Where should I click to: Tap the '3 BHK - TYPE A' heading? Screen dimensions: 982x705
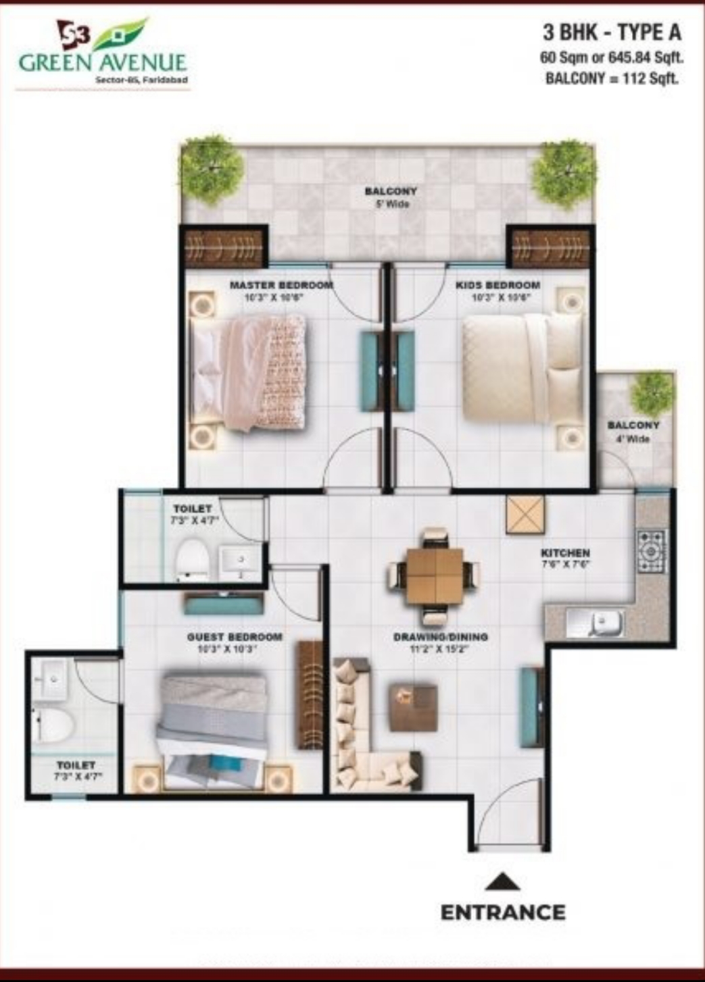tap(612, 32)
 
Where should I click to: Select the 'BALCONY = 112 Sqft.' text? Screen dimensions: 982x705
tap(612, 79)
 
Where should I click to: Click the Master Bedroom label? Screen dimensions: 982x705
tap(281, 286)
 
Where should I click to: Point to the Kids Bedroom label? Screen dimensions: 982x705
tap(497, 286)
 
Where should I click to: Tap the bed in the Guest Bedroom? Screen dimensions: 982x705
tap(213, 723)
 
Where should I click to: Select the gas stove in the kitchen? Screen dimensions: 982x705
tap(651, 551)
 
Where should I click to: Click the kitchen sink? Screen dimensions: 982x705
tap(604, 623)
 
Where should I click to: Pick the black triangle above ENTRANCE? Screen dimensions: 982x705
tap(502, 882)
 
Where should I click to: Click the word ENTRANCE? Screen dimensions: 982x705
tap(503, 913)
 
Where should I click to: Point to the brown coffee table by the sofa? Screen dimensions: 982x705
tap(413, 707)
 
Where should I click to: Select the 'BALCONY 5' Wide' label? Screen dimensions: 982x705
tap(391, 197)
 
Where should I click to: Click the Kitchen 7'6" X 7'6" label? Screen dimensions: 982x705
tap(565, 558)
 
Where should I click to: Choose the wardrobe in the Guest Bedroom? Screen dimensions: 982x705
tap(310, 694)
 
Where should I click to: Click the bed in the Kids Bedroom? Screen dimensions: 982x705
tap(522, 368)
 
